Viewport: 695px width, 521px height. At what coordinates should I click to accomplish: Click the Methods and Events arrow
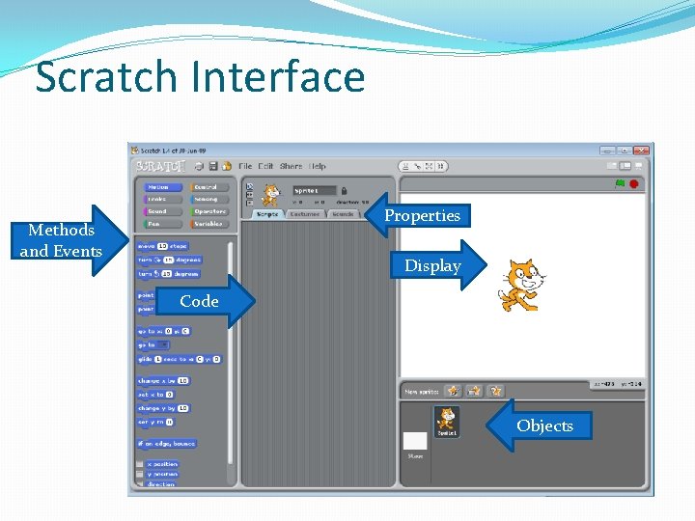point(68,240)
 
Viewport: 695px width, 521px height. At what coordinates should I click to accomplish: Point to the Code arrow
point(205,301)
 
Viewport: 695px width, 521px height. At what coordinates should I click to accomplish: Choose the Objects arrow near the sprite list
point(542,425)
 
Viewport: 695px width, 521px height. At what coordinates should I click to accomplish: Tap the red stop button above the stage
point(634,183)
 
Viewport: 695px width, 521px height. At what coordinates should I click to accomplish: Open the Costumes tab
point(306,214)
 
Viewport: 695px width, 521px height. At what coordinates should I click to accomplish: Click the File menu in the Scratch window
point(245,166)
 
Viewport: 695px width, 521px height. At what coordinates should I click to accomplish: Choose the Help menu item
point(318,166)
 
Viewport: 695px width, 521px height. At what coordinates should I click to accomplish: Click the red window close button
point(641,151)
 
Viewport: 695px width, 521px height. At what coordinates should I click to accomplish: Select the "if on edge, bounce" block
point(167,444)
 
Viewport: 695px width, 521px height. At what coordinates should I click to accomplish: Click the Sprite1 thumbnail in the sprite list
point(447,422)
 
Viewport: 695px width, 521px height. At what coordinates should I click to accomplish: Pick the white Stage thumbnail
point(414,442)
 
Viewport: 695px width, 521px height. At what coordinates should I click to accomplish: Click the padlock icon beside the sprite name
point(344,191)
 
